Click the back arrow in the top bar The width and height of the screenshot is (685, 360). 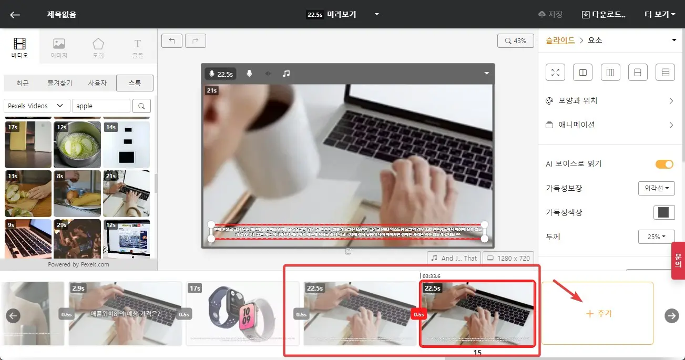15,14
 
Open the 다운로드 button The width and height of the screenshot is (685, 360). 604,14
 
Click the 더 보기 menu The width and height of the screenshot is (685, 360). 660,14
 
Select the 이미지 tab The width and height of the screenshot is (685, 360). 59,48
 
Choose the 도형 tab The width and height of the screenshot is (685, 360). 98,48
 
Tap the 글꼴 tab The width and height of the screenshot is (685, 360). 138,48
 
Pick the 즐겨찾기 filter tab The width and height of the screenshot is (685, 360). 59,83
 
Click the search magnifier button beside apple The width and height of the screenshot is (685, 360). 141,106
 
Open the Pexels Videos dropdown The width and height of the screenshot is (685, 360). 37,106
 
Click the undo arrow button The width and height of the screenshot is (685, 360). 171,40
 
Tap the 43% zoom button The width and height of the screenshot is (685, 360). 515,40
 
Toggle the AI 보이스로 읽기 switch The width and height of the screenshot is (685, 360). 664,164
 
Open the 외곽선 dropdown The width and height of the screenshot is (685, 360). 656,188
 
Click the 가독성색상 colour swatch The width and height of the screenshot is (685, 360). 663,212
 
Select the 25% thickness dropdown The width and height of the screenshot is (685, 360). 656,236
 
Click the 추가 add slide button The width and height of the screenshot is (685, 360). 597,313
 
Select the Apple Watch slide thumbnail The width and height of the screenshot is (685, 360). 242,314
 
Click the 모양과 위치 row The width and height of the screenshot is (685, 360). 610,101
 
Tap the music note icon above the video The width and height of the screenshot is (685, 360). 286,74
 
